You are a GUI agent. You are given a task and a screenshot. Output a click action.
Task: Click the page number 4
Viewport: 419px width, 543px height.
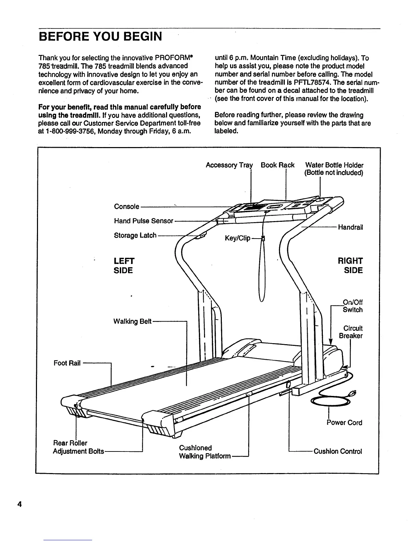tap(20, 504)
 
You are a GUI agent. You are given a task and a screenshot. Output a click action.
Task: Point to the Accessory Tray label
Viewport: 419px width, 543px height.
tap(229, 165)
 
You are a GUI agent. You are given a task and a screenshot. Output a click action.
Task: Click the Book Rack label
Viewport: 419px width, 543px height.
tap(277, 165)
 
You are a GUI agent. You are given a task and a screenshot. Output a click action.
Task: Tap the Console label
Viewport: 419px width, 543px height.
tap(127, 207)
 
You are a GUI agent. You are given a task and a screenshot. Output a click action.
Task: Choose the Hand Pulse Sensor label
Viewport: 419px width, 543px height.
tap(143, 221)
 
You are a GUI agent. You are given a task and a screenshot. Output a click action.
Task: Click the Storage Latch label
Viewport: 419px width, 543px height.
tap(135, 236)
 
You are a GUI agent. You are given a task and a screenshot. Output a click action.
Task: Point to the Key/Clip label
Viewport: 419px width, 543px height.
tap(238, 238)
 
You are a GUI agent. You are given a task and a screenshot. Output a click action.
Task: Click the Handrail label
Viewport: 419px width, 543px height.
tap(350, 227)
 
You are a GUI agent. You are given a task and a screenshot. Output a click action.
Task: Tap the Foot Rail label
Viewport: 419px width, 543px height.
tap(67, 363)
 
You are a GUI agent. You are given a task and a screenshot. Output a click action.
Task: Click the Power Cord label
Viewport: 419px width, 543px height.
tap(344, 423)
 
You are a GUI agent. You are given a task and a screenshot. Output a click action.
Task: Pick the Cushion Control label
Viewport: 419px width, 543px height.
tap(338, 451)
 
